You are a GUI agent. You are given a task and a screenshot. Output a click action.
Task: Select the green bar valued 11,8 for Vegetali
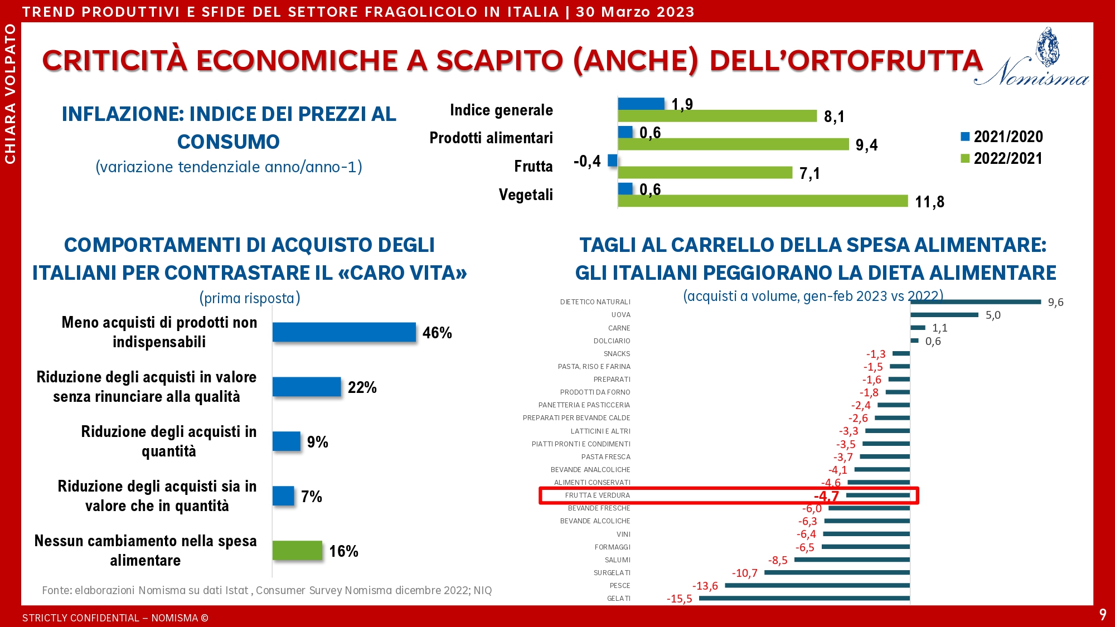763,201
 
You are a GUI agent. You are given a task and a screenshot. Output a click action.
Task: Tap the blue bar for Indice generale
641,104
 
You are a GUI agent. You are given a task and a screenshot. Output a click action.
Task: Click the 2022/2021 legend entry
1002,158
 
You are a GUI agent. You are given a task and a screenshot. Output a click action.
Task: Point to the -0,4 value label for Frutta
587,162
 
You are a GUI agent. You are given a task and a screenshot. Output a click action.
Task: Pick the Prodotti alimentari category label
491,138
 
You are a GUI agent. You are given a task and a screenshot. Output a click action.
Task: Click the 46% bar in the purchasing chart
344,332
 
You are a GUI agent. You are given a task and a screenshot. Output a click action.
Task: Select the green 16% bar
297,551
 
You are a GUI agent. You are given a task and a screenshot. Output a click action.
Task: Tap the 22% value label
362,387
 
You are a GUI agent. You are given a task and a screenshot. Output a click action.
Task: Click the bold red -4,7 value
826,496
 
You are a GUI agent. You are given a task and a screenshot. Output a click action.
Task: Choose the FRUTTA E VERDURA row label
597,495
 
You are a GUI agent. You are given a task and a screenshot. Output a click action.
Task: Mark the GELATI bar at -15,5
804,599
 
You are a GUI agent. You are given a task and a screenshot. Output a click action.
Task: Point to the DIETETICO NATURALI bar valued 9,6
976,302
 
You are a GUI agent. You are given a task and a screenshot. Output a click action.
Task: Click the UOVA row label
620,315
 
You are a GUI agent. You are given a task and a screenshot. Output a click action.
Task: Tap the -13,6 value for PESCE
705,586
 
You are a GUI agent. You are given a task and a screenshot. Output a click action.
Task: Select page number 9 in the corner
1102,615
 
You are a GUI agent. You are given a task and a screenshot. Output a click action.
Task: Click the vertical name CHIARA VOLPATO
10,94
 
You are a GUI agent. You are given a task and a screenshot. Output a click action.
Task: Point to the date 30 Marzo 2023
635,12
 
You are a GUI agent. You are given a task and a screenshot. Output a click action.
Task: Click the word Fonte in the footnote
56,590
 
